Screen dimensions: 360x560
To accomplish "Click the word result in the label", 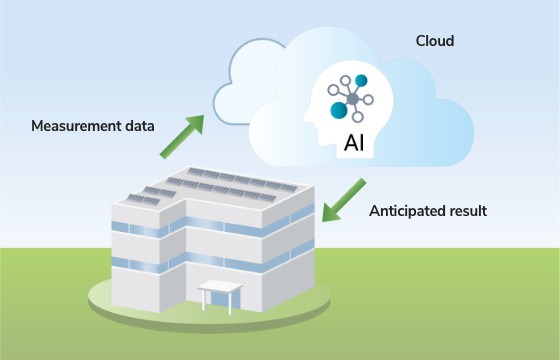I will click(x=467, y=211).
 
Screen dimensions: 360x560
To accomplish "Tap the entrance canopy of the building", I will click(x=219, y=288).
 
